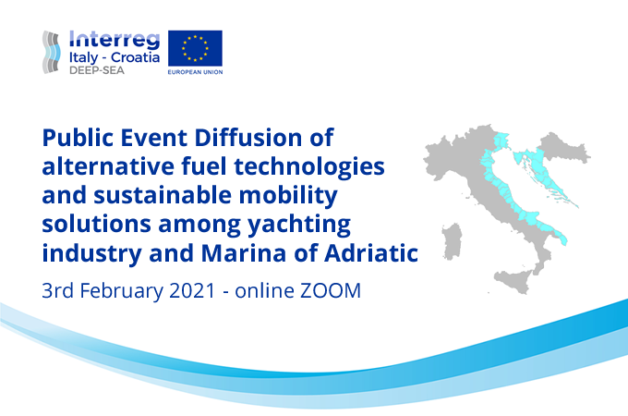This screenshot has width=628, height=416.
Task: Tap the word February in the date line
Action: click(126, 290)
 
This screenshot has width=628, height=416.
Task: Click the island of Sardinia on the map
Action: click(452, 240)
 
